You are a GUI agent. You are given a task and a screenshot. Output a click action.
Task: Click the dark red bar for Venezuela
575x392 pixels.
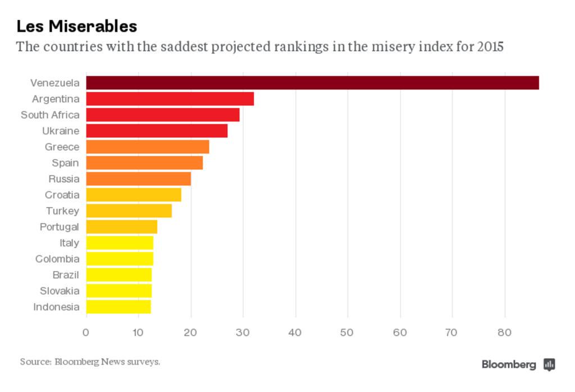(312, 83)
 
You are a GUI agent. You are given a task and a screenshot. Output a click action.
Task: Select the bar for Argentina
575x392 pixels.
(170, 99)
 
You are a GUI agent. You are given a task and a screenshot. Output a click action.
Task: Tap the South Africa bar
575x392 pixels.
(163, 115)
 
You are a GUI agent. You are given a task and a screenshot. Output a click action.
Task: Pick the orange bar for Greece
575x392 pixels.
(148, 147)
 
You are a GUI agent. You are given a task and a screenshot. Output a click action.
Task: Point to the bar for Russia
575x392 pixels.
(139, 179)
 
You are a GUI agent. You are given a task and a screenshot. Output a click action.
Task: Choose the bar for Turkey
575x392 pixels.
(129, 211)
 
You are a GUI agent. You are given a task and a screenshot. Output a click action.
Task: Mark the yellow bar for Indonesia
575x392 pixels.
(118, 307)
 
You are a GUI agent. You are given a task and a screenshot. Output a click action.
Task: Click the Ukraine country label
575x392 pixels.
(61, 131)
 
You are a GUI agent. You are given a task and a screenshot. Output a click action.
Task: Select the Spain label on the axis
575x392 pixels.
(65, 163)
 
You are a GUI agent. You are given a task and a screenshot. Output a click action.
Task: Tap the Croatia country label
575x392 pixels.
(62, 195)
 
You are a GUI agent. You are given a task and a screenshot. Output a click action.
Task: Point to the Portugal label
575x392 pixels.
(60, 227)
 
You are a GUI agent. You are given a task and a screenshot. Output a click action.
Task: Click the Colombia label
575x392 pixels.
(57, 259)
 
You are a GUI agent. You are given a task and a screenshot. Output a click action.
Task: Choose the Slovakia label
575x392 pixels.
(60, 291)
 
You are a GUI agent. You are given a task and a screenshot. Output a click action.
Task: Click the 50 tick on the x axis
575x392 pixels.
(348, 332)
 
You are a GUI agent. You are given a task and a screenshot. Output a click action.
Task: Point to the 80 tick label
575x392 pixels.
(505, 332)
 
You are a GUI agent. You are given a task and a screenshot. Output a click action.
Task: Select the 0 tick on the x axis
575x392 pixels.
(86, 332)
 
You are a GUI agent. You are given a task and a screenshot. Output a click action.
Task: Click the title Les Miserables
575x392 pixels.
(76, 26)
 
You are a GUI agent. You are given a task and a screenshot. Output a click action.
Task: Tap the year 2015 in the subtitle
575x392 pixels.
(490, 46)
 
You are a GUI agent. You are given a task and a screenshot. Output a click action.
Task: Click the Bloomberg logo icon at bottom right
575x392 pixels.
(550, 364)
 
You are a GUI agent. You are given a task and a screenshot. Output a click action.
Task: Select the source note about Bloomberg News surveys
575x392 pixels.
(90, 362)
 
